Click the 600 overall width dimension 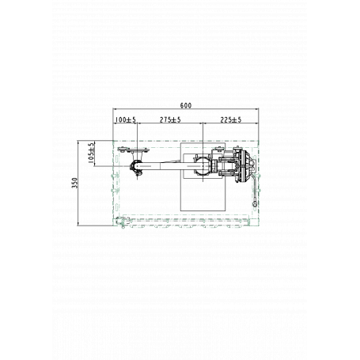coord(186,105)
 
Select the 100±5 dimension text coord(126,119)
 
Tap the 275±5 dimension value coord(170,119)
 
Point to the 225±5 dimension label coord(231,119)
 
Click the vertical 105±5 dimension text coord(91,153)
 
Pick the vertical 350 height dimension coord(75,183)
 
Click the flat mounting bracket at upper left coord(134,150)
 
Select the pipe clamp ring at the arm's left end coord(137,167)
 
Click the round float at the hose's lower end coord(255,204)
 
